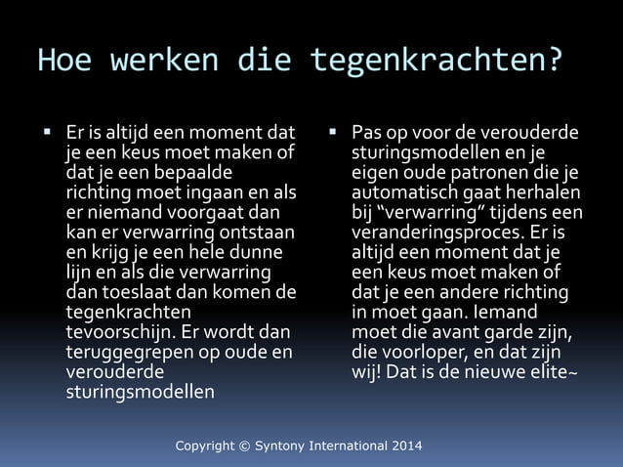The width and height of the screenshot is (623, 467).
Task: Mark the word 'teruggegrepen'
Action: tap(122, 352)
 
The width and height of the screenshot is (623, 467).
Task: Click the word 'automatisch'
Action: tap(404, 192)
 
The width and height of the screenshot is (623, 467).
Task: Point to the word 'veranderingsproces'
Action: tap(438, 233)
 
